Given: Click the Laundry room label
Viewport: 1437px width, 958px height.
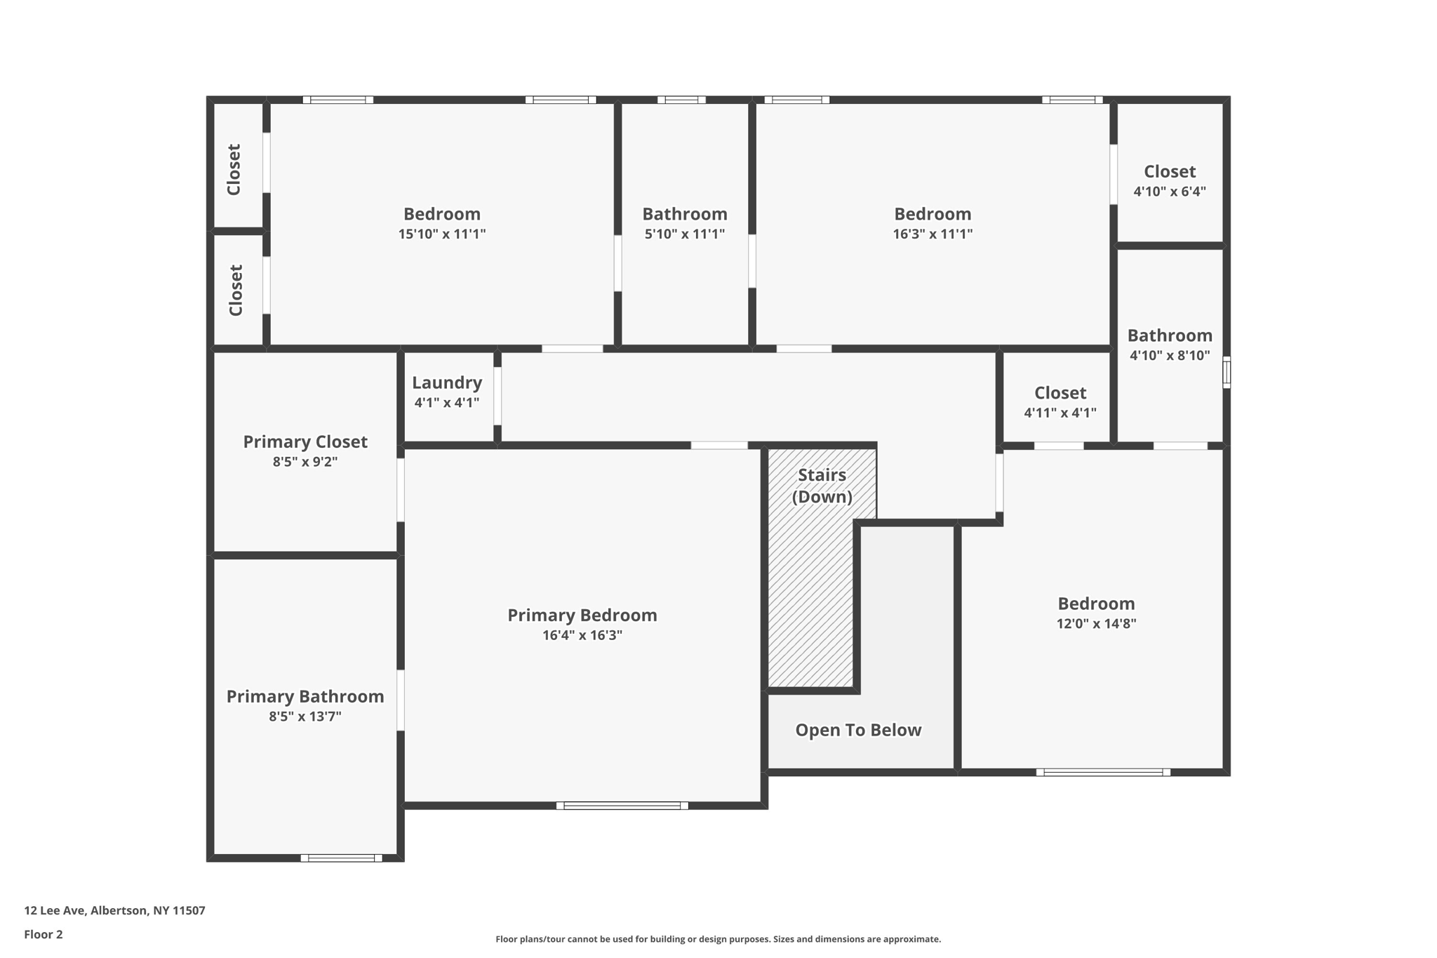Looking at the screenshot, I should [447, 383].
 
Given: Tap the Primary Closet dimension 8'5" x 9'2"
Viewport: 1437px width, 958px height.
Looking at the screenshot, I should [305, 462].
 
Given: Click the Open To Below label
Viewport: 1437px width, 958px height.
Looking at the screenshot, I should [857, 730].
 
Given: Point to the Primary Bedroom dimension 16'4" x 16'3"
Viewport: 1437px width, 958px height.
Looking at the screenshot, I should [582, 635].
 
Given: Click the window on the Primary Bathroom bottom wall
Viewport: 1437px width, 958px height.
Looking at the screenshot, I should [341, 858].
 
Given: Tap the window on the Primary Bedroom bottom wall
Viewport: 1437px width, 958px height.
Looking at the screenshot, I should [622, 806].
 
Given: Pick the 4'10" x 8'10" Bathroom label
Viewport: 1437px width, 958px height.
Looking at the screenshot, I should [1169, 335].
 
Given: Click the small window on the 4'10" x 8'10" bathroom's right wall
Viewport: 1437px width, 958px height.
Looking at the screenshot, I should [1227, 373].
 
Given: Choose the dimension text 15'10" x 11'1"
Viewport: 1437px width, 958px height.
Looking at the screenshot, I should [442, 234].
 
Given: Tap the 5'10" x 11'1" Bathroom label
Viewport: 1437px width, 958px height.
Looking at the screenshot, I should [684, 214].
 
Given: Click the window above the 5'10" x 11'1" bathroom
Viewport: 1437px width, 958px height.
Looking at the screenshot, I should [681, 100].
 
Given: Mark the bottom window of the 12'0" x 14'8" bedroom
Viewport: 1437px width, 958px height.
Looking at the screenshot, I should [1103, 772].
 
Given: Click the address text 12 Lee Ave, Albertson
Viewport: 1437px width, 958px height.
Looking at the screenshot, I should [114, 910].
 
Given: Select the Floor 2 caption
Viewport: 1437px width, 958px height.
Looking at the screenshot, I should [44, 934].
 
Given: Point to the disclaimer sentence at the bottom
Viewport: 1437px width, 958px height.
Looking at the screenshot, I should [718, 939].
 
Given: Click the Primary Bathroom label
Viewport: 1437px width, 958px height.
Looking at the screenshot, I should [305, 697].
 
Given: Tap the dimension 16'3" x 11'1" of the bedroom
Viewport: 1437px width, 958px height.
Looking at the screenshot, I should [933, 234].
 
